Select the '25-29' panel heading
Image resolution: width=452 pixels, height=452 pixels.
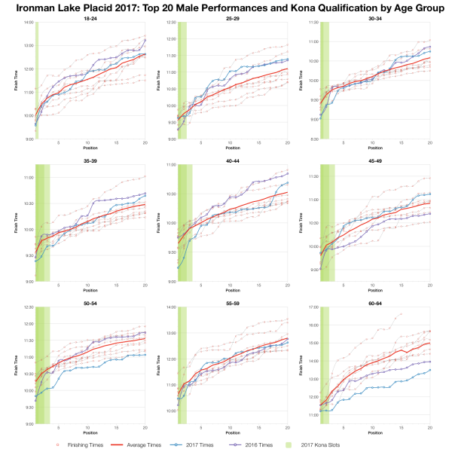pos(233,17)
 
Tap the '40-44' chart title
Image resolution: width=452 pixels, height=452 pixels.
pos(233,160)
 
